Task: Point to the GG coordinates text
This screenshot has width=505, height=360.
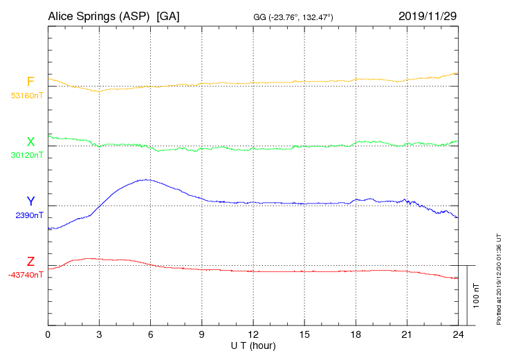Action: point(293,17)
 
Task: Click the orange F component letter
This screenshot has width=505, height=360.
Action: point(30,82)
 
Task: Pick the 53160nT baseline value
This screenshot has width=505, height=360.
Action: point(26,96)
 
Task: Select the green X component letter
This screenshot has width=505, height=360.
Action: point(30,142)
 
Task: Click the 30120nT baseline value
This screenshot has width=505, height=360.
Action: point(26,155)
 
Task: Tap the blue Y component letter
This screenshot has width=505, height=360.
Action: point(30,201)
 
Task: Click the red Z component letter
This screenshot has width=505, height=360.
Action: point(30,262)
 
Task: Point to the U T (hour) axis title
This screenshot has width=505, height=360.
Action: point(253,345)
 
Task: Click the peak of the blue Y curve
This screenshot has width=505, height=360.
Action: point(145,179)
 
